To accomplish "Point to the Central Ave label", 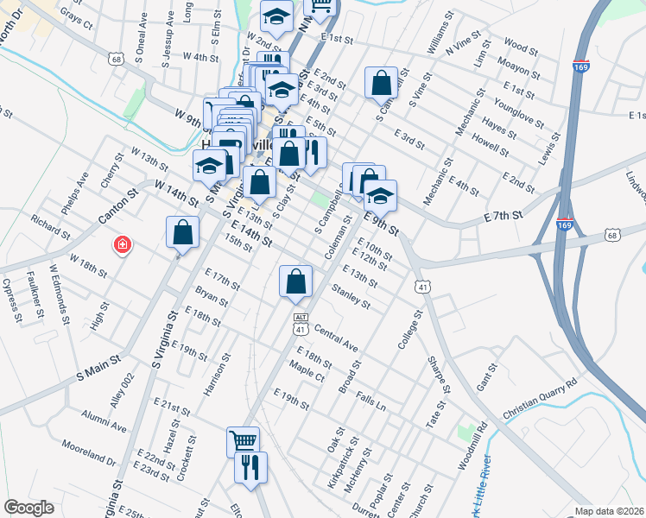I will point(336,338).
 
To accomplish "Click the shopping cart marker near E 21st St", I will point(243,441).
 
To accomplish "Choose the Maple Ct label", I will point(307,376).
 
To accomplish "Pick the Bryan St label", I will point(212,298).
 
